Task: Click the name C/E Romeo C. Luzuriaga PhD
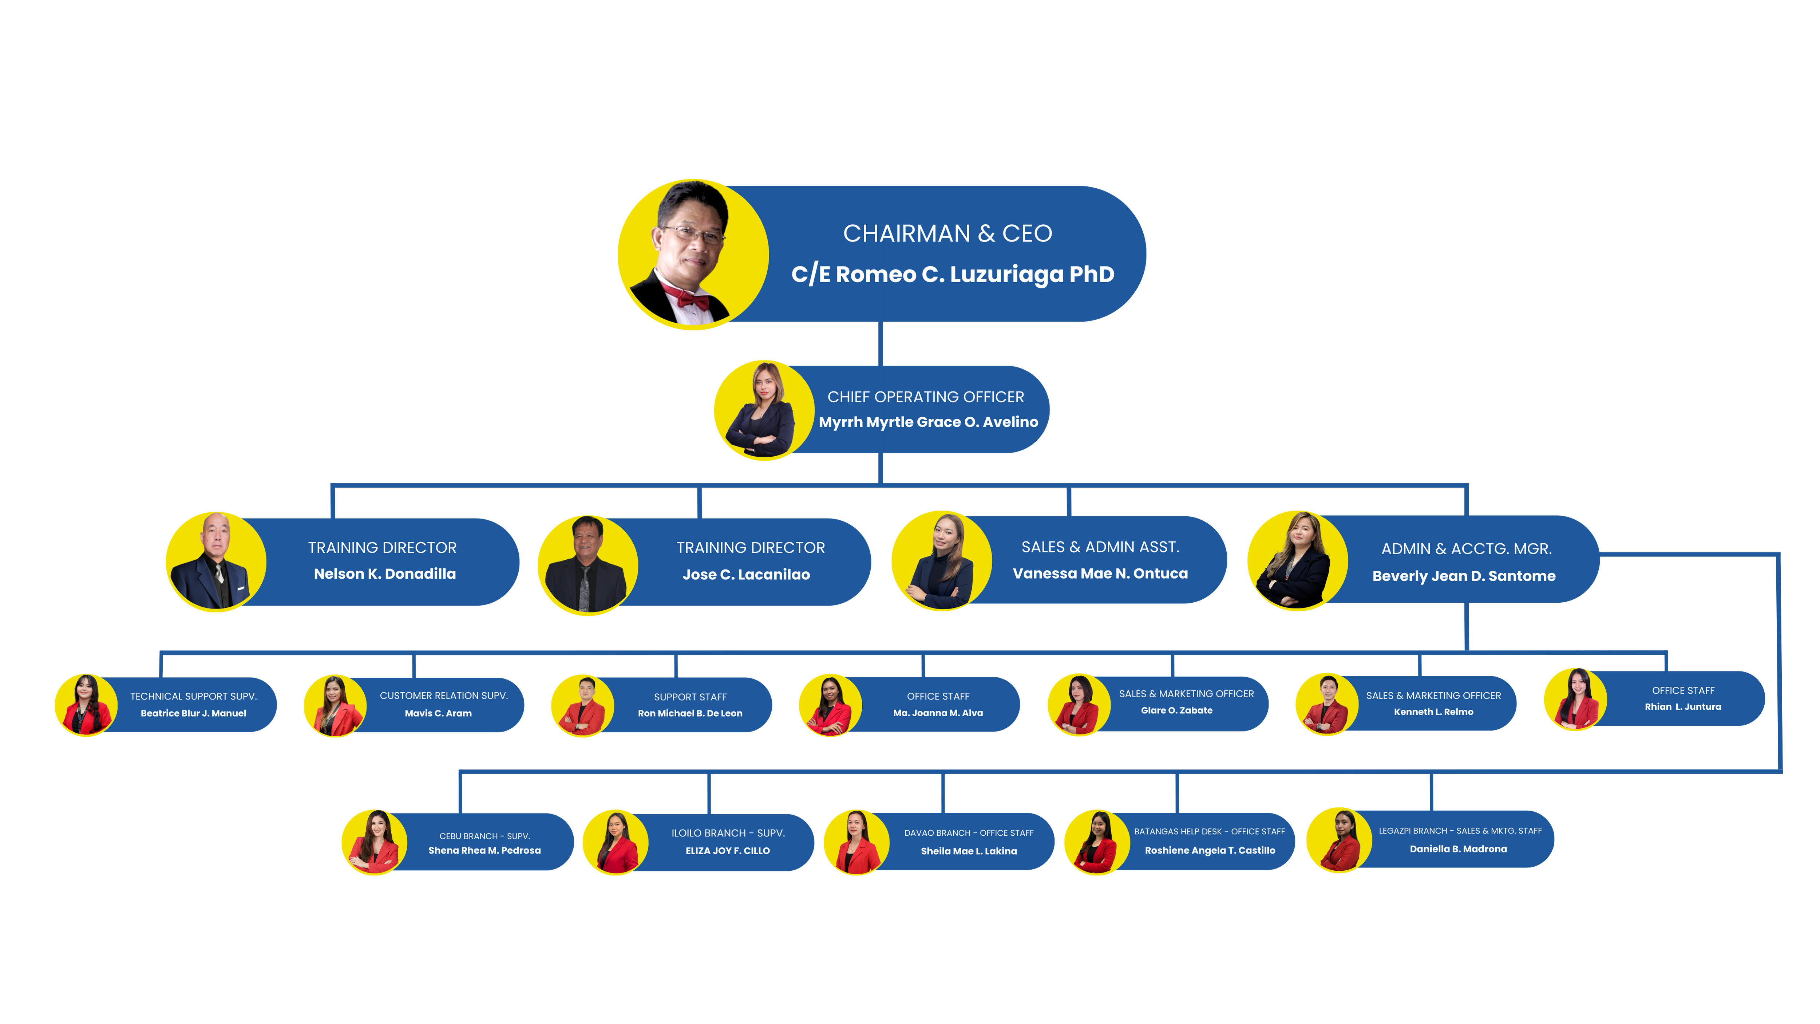[x=952, y=274]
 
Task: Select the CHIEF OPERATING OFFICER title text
[x=926, y=397]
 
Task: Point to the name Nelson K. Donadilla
[x=385, y=574]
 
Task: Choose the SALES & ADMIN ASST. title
[x=1100, y=547]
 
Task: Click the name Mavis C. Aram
[x=438, y=713]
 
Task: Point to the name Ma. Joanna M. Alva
[x=938, y=713]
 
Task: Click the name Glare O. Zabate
[x=1176, y=710]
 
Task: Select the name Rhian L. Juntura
[x=1682, y=707]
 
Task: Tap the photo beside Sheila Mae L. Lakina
[x=856, y=842]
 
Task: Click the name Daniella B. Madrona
[x=1457, y=849]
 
